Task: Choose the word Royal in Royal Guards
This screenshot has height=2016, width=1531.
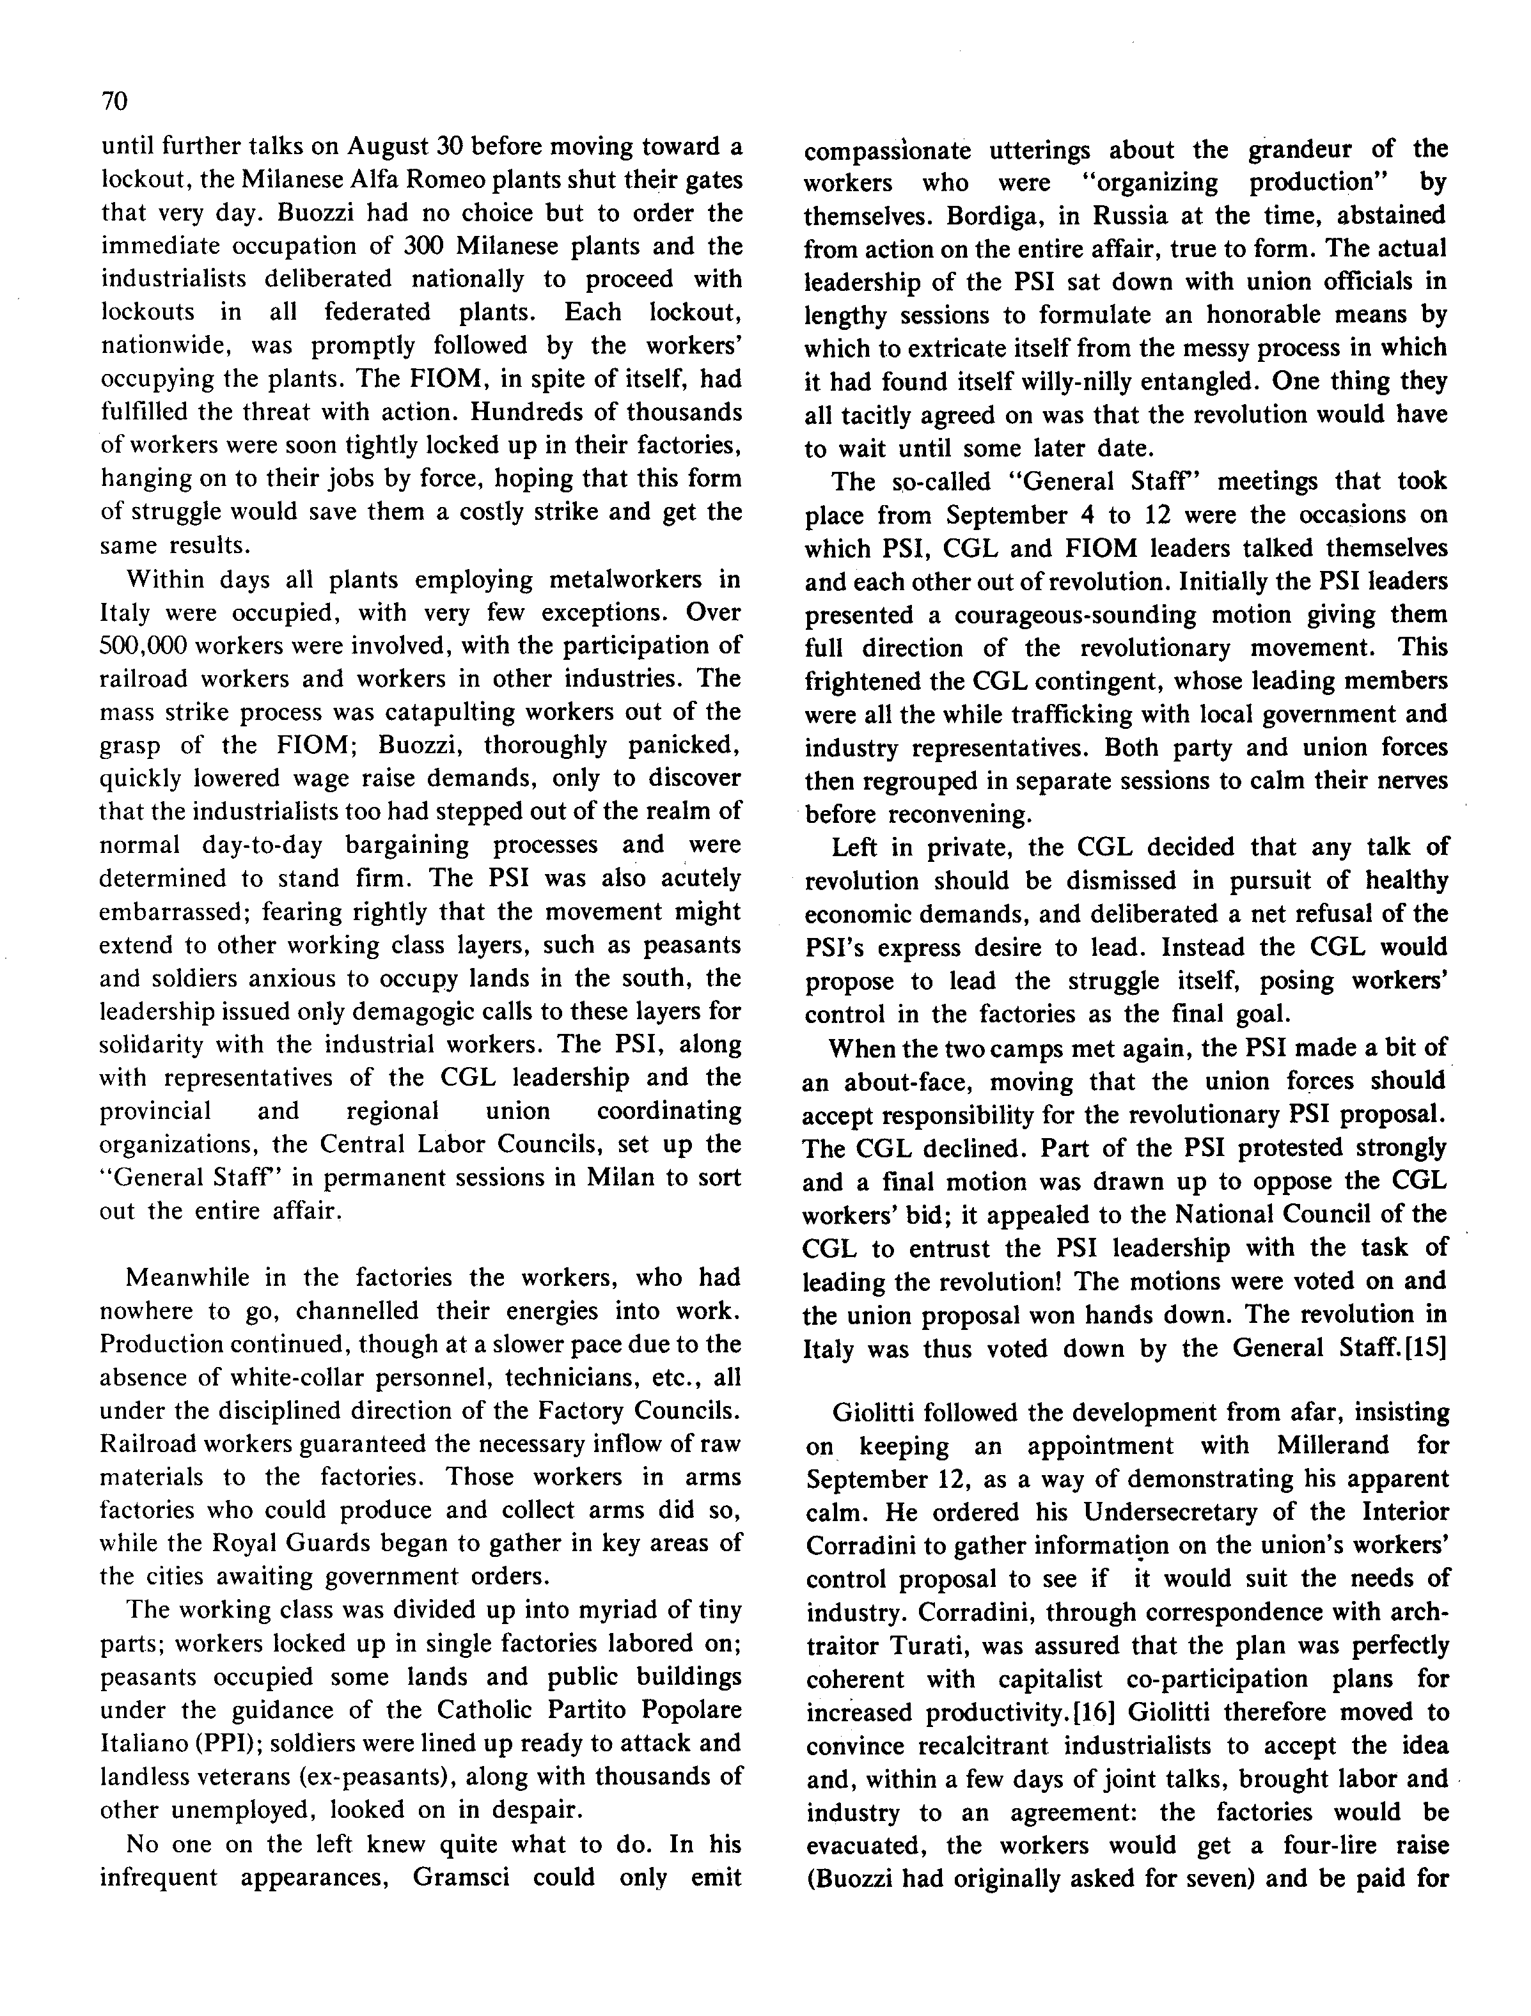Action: click(x=258, y=1543)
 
